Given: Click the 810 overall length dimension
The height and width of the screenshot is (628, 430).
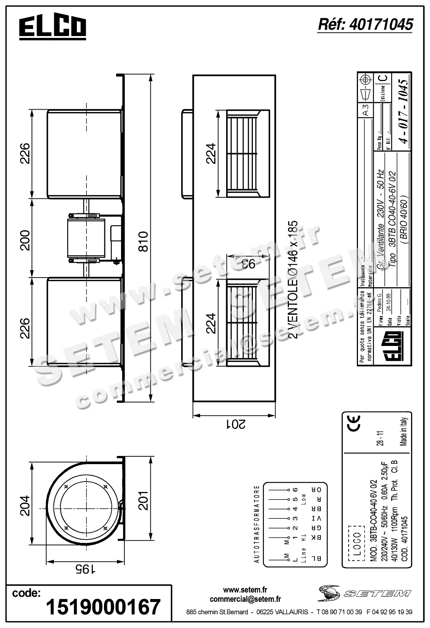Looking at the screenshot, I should point(143,241).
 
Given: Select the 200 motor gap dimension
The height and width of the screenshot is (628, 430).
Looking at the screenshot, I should point(25,240).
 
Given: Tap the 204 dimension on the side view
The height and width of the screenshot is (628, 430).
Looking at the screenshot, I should point(25,506).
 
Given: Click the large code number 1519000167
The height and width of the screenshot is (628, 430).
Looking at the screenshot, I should point(103,607).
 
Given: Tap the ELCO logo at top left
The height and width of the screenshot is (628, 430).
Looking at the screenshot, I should point(52,27).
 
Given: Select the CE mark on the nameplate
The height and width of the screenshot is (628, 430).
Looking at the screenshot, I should point(354,423).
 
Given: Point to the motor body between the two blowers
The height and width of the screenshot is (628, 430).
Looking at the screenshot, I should point(86,238).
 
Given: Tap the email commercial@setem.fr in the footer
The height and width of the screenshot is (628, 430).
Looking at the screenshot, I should point(245,599).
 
